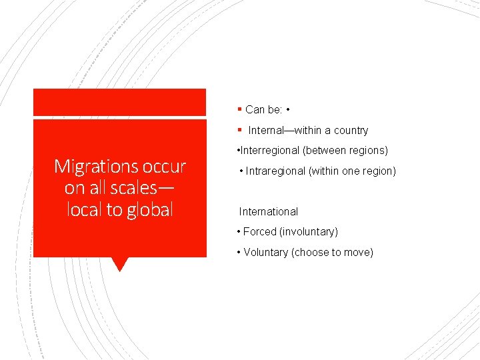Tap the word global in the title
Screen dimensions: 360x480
[145, 209]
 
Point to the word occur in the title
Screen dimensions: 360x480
[164, 165]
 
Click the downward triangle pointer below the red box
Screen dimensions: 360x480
[120, 264]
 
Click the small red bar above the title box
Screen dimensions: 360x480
[120, 102]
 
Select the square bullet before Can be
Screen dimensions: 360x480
[239, 109]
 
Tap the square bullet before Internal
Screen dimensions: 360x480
[239, 130]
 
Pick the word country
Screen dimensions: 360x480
[351, 131]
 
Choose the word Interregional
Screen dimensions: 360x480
[269, 151]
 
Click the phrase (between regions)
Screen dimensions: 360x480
[345, 151]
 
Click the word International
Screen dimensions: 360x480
[269, 212]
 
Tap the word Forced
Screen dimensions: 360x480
[260, 232]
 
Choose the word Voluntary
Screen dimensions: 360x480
[265, 252]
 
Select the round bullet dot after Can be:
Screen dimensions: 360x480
[287, 109]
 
